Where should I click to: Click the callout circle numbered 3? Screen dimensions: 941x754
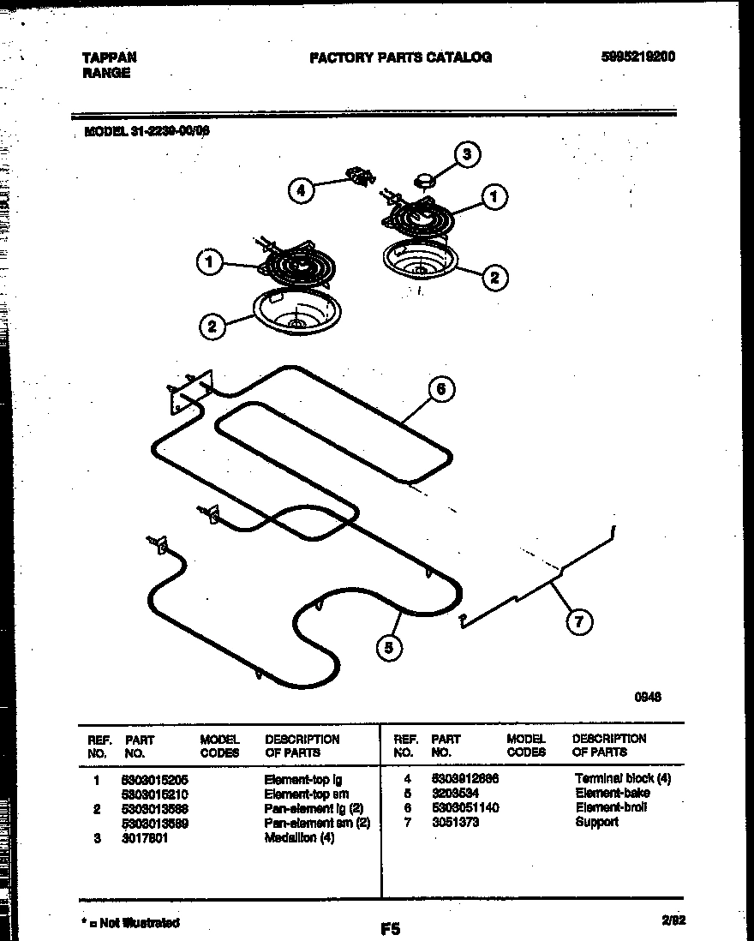click(x=466, y=155)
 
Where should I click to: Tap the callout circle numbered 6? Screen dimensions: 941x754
click(x=440, y=389)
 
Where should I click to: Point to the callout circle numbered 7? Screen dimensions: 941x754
click(x=579, y=622)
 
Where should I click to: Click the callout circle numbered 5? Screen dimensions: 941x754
click(x=389, y=649)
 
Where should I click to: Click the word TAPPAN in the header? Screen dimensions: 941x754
click(x=109, y=57)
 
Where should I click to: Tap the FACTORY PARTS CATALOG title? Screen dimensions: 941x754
click(x=400, y=57)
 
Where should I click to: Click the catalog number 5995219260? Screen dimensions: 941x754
click(x=638, y=57)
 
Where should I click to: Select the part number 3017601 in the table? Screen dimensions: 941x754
click(x=145, y=838)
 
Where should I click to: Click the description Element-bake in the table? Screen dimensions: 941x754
click(x=612, y=793)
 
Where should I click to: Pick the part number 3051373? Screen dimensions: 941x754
click(x=455, y=822)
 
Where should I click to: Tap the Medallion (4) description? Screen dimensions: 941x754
click(x=299, y=838)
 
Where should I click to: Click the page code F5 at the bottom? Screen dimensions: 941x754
click(x=390, y=927)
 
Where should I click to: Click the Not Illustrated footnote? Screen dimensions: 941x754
click(x=130, y=922)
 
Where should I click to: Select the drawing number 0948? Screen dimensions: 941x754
click(x=647, y=697)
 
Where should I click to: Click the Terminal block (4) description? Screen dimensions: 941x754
click(x=623, y=778)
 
